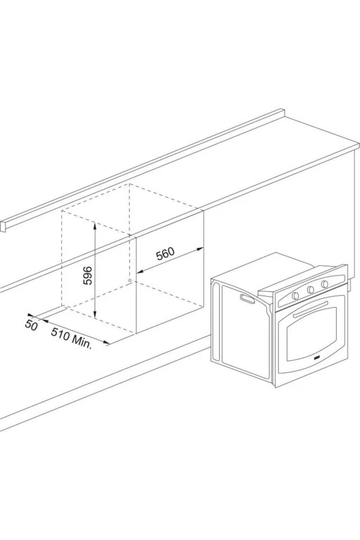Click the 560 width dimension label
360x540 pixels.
[x=165, y=254]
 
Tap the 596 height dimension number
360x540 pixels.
[x=88, y=275]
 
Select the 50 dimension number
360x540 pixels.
[x=31, y=325]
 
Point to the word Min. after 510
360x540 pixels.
[x=81, y=342]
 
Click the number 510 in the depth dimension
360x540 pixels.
[x=60, y=333]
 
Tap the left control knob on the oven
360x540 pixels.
[x=296, y=296]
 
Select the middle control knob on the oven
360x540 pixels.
[x=310, y=289]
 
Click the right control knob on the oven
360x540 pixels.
[x=325, y=284]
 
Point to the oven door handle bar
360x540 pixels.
[x=310, y=308]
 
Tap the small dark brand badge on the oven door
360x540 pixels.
[x=317, y=358]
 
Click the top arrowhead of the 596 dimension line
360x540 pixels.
[x=95, y=224]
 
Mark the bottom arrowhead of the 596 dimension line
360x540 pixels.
[x=95, y=316]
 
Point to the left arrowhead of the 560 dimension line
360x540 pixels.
[x=140, y=272]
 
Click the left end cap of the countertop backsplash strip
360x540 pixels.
[x=3, y=227]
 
